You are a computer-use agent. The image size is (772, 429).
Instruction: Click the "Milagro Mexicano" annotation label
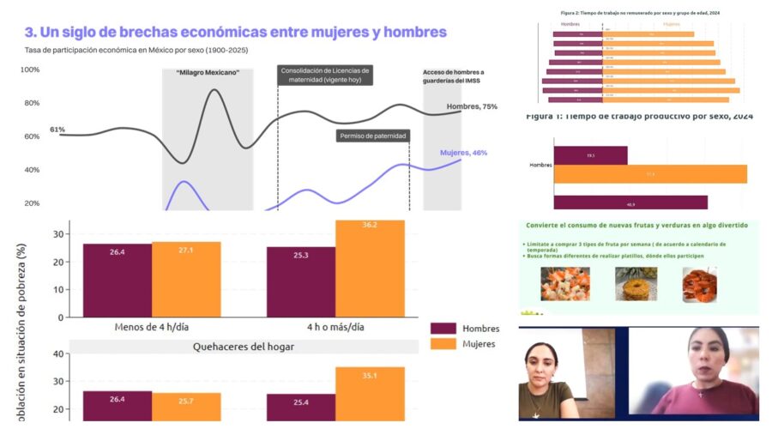(208, 73)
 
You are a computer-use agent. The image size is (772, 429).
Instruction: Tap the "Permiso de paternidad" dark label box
(372, 136)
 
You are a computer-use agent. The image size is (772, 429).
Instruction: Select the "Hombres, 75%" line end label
(472, 107)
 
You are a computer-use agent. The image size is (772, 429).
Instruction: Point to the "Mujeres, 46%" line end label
(463, 153)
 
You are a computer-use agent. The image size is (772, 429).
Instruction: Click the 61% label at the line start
(57, 130)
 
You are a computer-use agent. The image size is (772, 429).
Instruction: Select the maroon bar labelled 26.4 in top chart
(118, 280)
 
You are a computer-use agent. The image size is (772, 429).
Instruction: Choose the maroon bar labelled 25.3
(301, 281)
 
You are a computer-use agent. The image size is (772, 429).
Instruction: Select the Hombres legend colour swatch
(443, 329)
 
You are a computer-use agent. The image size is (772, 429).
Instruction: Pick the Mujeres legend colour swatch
(443, 345)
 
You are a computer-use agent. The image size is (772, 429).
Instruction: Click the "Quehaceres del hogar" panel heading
(244, 347)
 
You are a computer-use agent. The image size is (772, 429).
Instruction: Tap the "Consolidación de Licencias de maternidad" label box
(325, 75)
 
